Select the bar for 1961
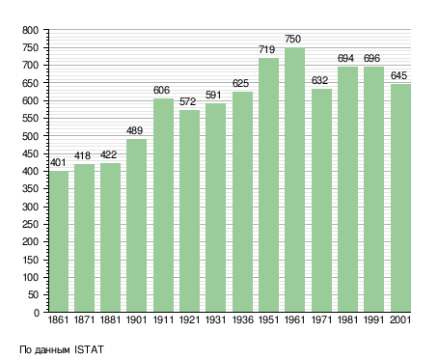pyautogui.click(x=294, y=180)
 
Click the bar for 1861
pyautogui.click(x=59, y=241)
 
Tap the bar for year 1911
pyautogui.click(x=163, y=205)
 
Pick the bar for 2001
pyautogui.click(x=400, y=198)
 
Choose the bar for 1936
pyautogui.click(x=242, y=202)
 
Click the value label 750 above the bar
pyautogui.click(x=292, y=39)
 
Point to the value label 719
pyautogui.click(x=266, y=49)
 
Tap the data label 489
pyautogui.click(x=134, y=130)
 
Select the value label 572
pyautogui.click(x=187, y=101)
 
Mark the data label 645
pyautogui.click(x=398, y=75)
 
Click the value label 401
pyautogui.click(x=58, y=162)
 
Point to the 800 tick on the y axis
pyautogui.click(x=30, y=30)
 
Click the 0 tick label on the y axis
pyautogui.click(x=37, y=313)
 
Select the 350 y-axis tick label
pyautogui.click(x=30, y=189)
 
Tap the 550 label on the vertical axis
pyautogui.click(x=30, y=119)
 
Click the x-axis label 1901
pyautogui.click(x=136, y=319)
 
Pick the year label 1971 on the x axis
pyautogui.click(x=321, y=319)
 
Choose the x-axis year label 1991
pyautogui.click(x=373, y=319)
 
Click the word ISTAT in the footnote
pyautogui.click(x=89, y=349)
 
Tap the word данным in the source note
pyautogui.click(x=52, y=350)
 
